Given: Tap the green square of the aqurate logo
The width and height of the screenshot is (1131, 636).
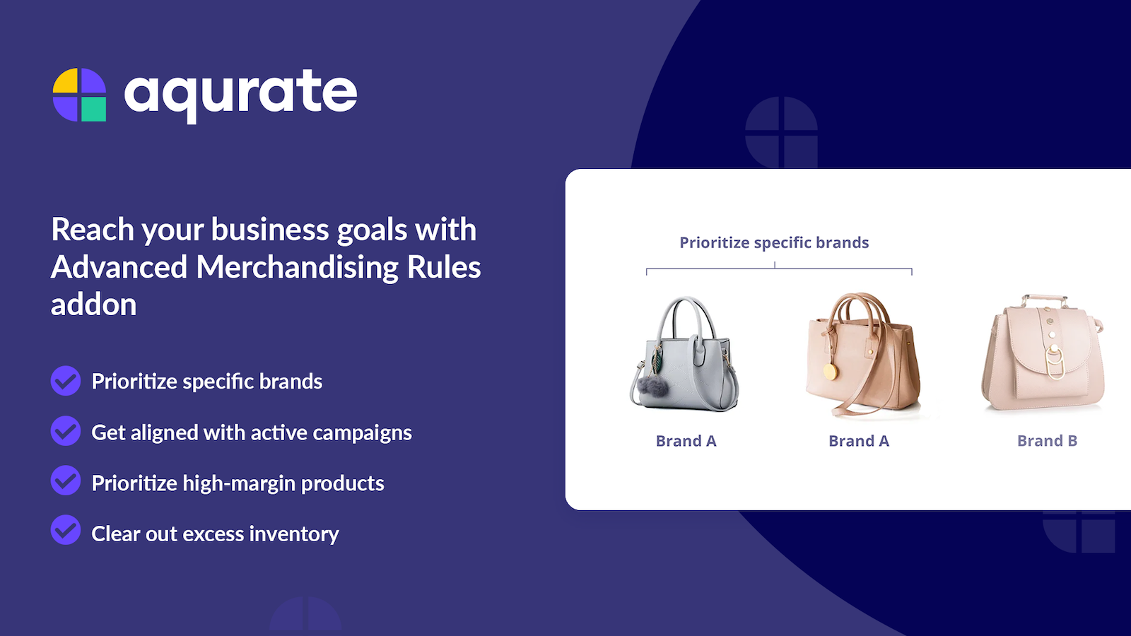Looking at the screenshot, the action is (x=94, y=109).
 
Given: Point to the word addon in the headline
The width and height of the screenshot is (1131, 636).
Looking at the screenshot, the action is (x=93, y=305).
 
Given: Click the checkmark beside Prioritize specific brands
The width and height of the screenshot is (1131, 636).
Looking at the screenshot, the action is (x=66, y=381).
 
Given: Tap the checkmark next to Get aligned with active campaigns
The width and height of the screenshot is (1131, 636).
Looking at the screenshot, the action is (x=66, y=431).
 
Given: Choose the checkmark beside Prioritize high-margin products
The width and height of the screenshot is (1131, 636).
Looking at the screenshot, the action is (x=66, y=481).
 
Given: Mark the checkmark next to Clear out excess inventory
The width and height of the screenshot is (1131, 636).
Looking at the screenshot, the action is (x=66, y=530).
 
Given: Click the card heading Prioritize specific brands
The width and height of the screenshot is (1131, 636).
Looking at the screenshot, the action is (x=774, y=243).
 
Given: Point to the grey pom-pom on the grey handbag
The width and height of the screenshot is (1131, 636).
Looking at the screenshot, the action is (x=653, y=385).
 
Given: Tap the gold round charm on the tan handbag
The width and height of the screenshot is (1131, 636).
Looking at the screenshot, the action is (x=831, y=372).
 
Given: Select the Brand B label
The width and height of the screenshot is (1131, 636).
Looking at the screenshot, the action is (x=1047, y=441).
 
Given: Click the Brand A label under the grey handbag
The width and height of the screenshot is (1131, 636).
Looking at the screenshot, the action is (x=686, y=441).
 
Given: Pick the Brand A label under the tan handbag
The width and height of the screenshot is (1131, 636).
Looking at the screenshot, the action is (x=859, y=441).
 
